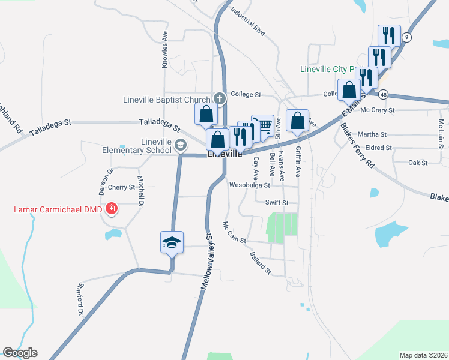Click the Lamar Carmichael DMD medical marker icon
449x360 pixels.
pyautogui.click(x=111, y=209)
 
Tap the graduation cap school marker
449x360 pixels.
pyautogui.click(x=172, y=242)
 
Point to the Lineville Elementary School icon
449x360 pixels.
pyautogui.click(x=180, y=145)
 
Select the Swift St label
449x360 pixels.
pyautogui.click(x=277, y=203)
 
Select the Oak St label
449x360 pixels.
pyautogui.click(x=417, y=163)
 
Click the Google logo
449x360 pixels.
pyautogui.click(x=20, y=353)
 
